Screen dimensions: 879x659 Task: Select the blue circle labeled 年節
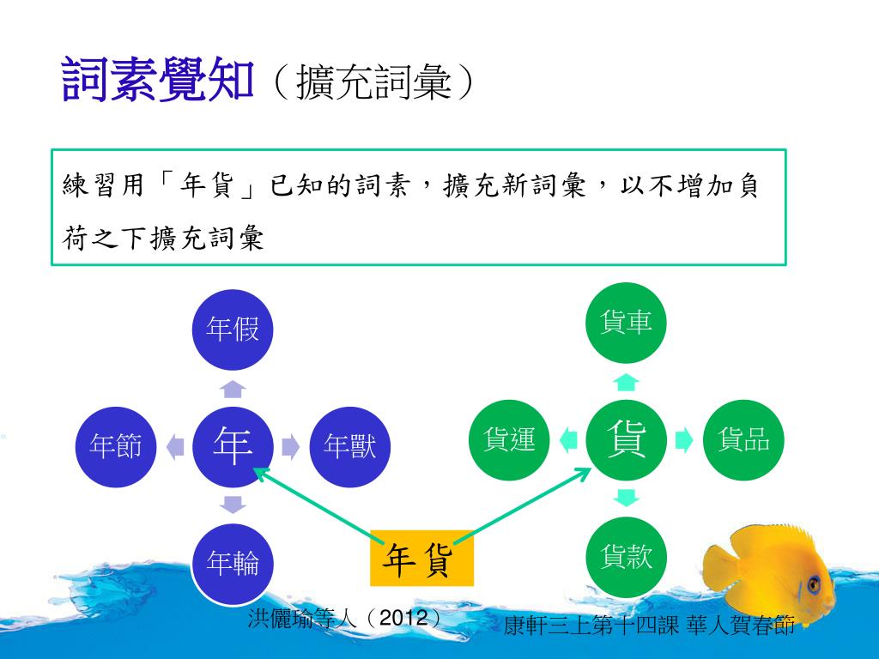click(x=116, y=444)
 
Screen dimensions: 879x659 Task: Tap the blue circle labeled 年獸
click(x=349, y=444)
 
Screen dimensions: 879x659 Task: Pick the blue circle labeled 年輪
click(x=233, y=562)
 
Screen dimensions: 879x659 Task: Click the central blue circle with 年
click(x=233, y=444)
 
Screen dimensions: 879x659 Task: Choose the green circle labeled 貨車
click(x=627, y=323)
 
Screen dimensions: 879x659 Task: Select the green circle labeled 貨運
click(x=510, y=439)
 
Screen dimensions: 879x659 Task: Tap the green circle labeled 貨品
click(x=743, y=439)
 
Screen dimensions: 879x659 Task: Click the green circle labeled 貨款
click(x=627, y=557)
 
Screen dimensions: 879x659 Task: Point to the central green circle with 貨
click(x=627, y=439)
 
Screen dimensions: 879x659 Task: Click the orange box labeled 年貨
click(x=421, y=559)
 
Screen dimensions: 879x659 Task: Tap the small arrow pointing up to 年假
click(x=233, y=390)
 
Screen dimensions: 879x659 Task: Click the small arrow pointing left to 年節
click(x=175, y=445)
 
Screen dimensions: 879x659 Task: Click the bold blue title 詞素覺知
click(x=159, y=81)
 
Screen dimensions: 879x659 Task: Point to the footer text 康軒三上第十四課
click(x=591, y=626)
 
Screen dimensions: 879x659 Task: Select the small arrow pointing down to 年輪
click(x=233, y=503)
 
